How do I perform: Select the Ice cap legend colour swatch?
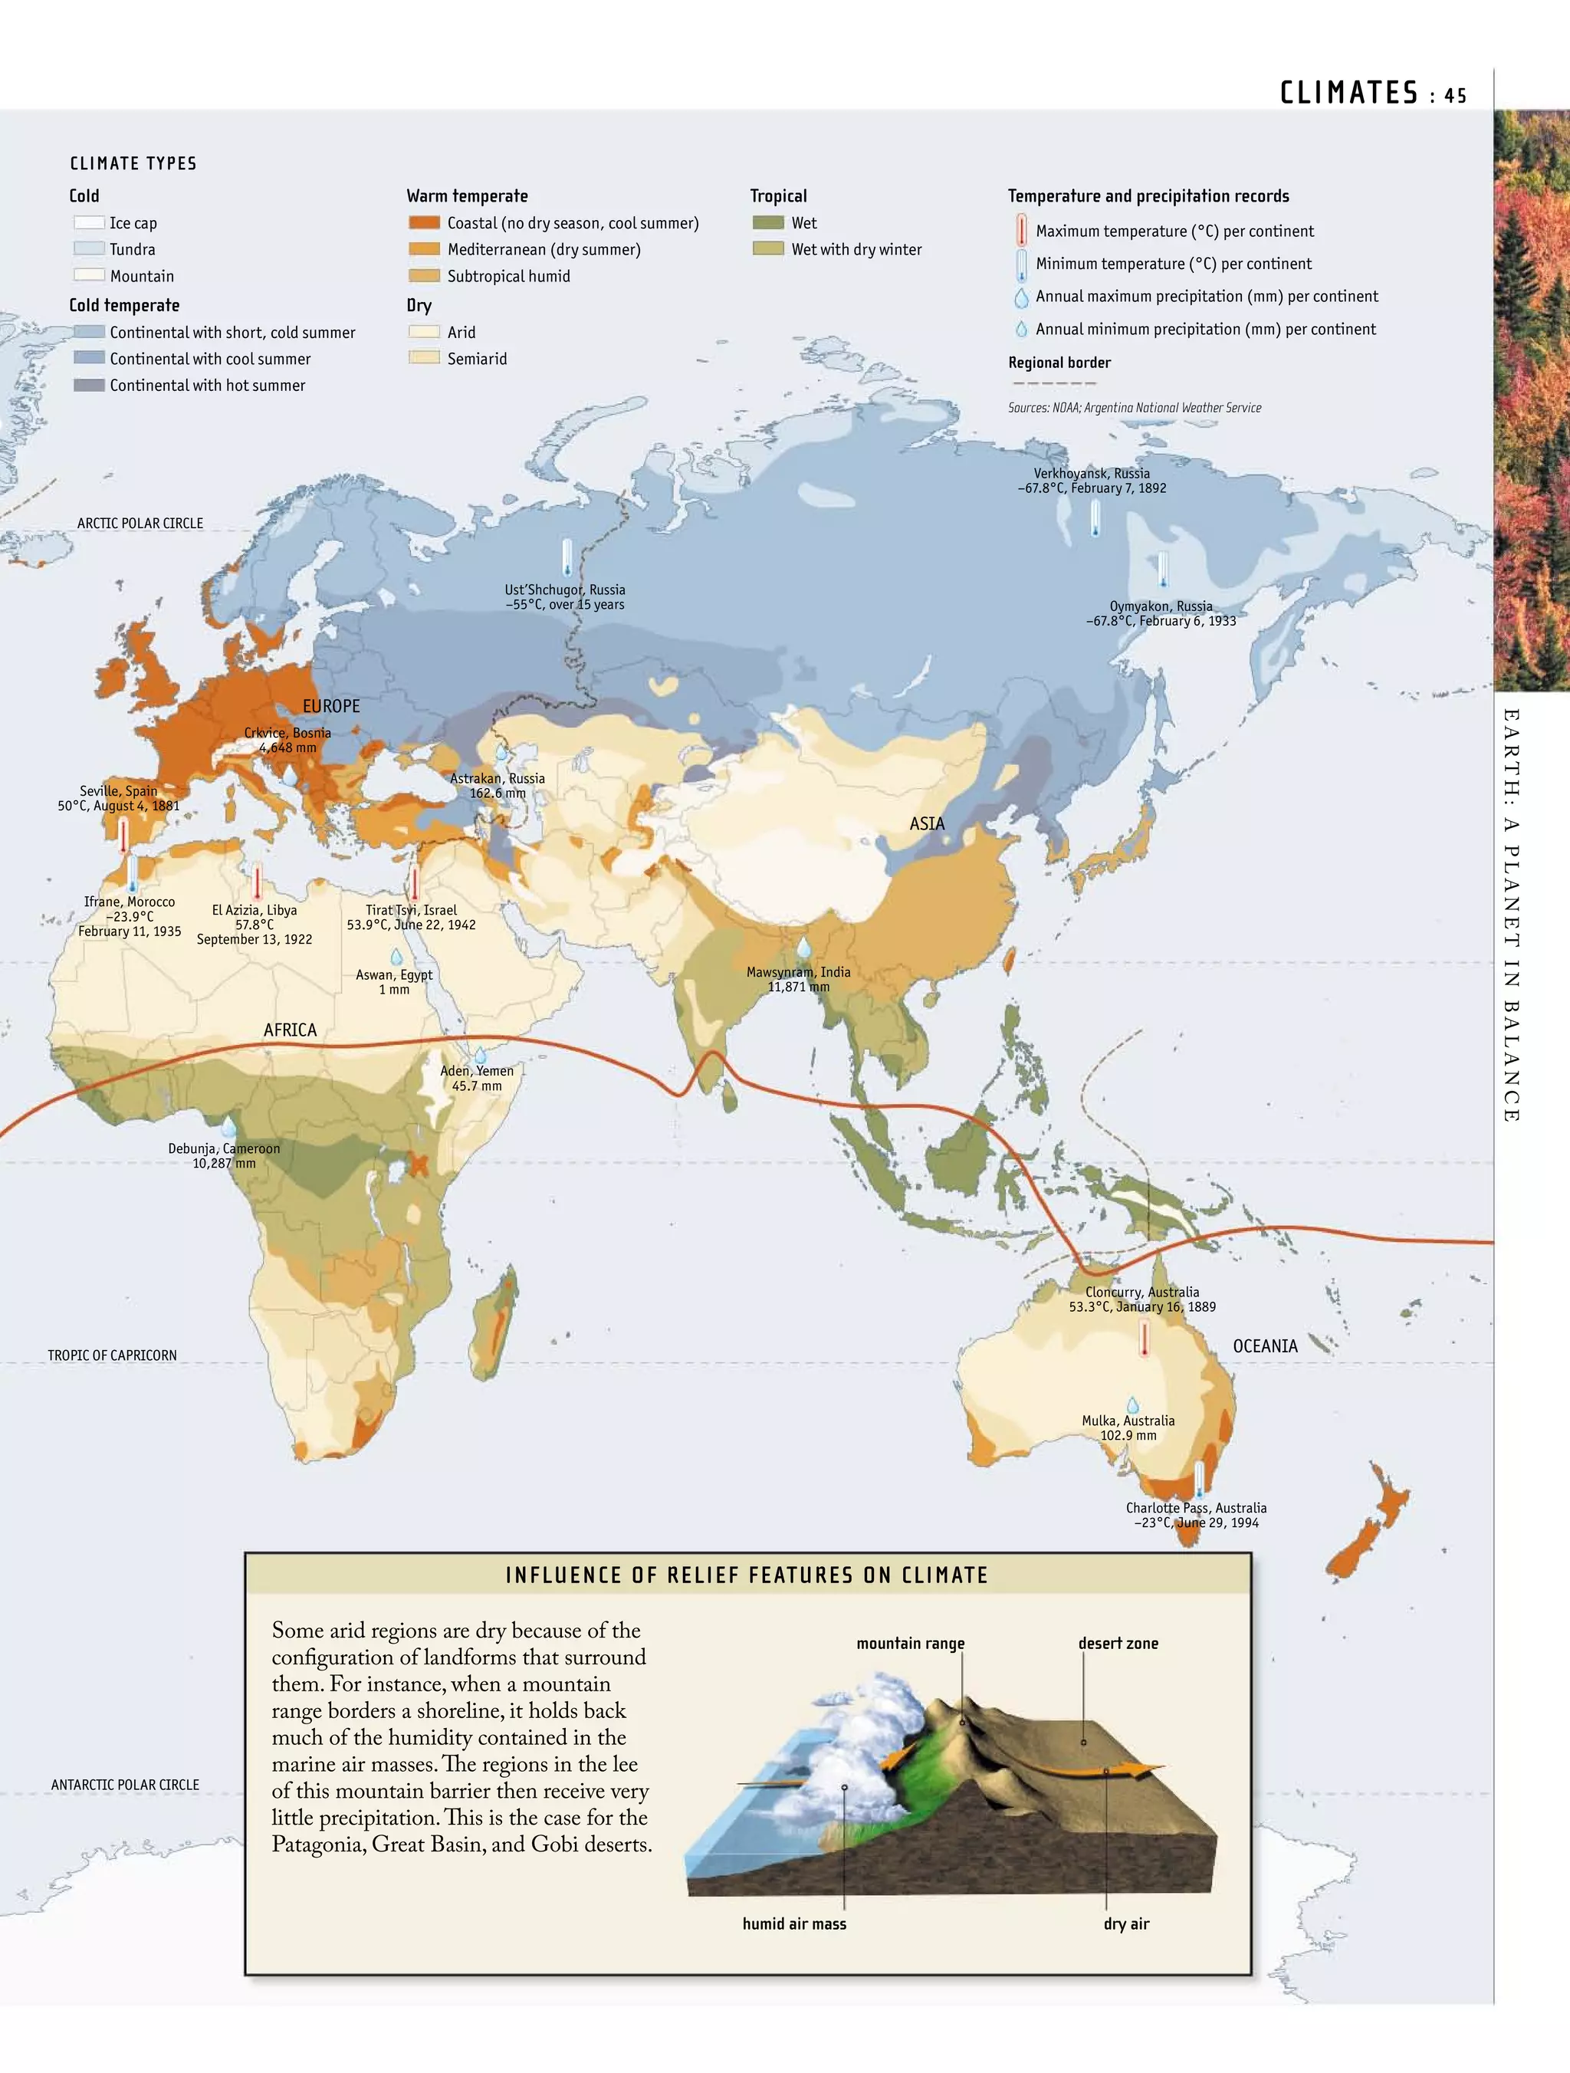pos(89,223)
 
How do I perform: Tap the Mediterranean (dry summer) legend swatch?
pos(425,249)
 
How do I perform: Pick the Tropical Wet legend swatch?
pos(767,223)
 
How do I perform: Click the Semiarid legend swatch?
pos(425,358)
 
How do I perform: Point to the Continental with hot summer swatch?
pos(89,385)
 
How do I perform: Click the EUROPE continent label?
pos(331,705)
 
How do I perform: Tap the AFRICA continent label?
pos(290,1030)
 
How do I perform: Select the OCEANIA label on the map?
pos(1264,1345)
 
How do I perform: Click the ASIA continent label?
pos(927,824)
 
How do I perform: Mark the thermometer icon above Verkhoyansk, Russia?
pos(1095,517)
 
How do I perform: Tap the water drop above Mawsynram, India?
pos(803,948)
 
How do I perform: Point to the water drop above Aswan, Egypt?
pos(396,957)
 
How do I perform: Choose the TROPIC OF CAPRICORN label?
pos(113,1355)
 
